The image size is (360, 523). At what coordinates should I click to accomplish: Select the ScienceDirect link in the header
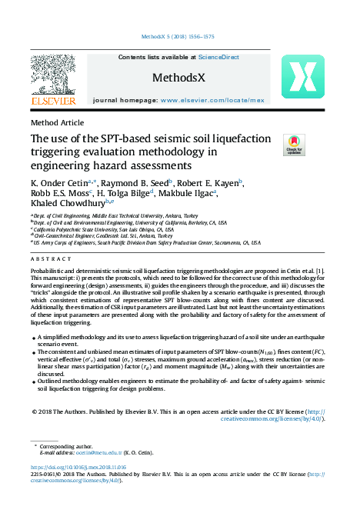218,57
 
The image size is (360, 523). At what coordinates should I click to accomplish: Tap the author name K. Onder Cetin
62,182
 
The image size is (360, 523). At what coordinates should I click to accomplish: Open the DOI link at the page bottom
78,467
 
